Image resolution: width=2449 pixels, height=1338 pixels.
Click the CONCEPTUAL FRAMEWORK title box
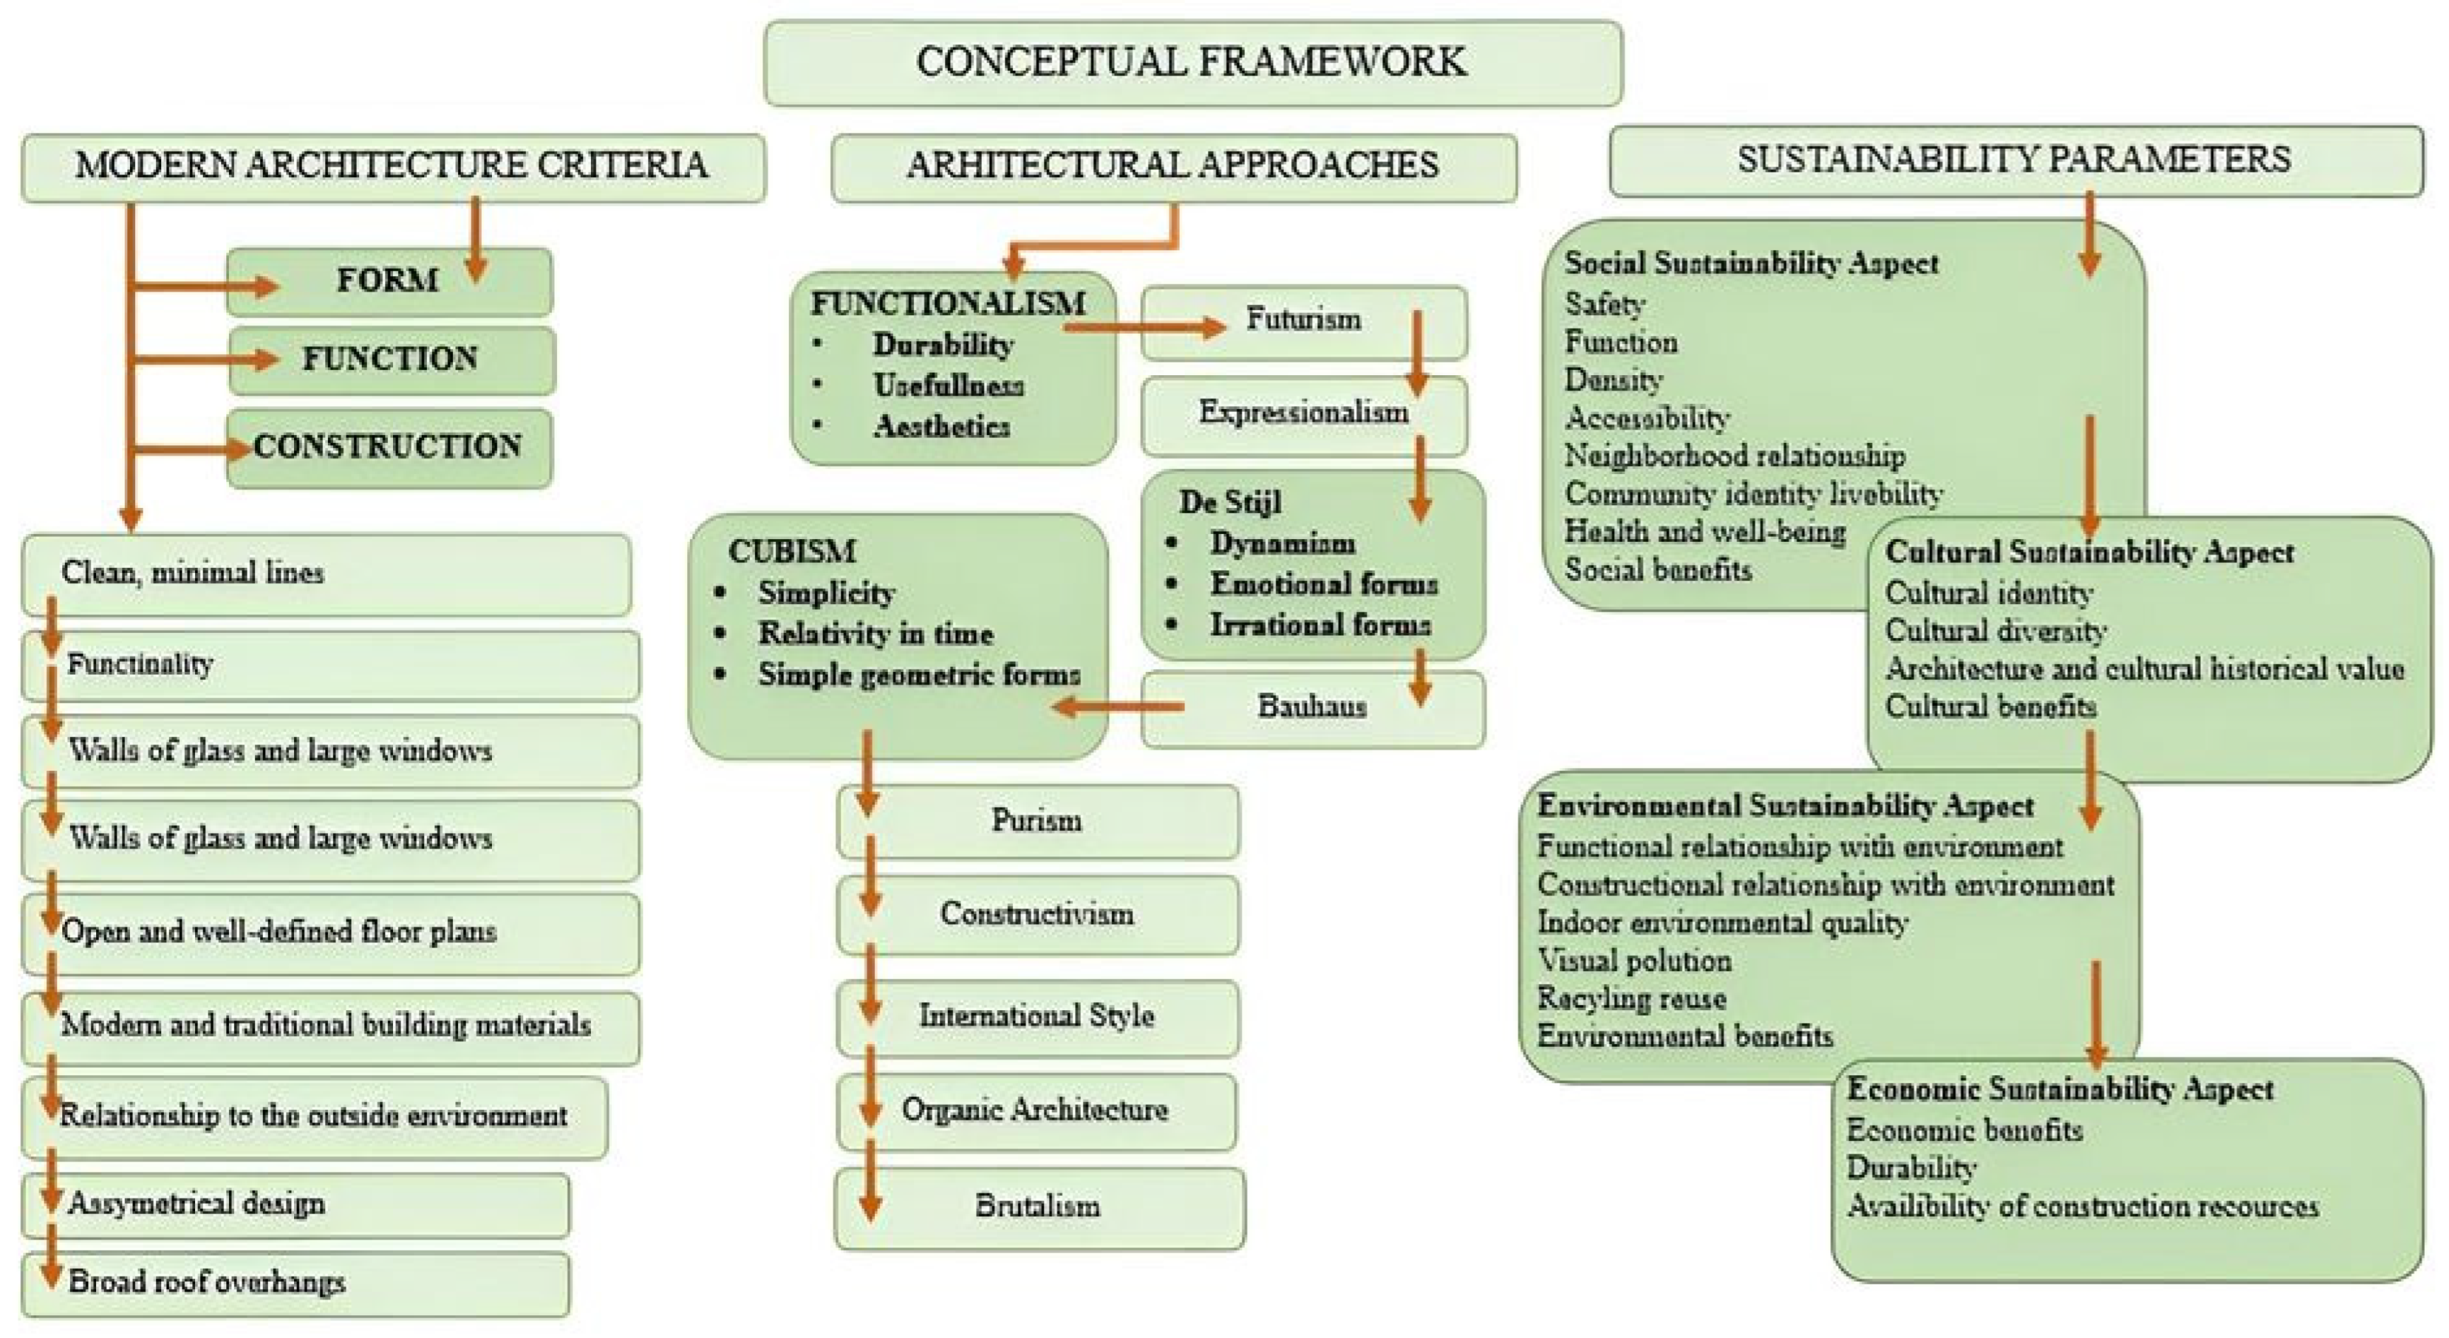[1192, 63]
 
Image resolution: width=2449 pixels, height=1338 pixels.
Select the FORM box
[388, 281]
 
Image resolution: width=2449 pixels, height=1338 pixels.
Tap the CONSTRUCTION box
[388, 448]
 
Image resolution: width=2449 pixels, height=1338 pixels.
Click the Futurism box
[1303, 321]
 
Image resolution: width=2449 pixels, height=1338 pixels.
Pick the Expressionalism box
[1303, 414]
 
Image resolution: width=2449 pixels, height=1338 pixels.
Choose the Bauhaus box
[1312, 708]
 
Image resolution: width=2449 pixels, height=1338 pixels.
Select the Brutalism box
[1038, 1207]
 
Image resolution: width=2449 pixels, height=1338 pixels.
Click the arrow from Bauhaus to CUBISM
[1118, 706]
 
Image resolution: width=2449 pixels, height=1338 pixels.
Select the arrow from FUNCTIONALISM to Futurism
[1145, 328]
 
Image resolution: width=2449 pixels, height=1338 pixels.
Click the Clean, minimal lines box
[325, 574]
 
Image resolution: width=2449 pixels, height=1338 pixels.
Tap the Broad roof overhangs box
[295, 1283]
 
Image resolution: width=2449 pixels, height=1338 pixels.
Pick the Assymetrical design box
[295, 1205]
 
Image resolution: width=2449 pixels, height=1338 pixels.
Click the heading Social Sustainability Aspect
[1751, 264]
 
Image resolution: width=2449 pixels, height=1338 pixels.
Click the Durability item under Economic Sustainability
[1911, 1168]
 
